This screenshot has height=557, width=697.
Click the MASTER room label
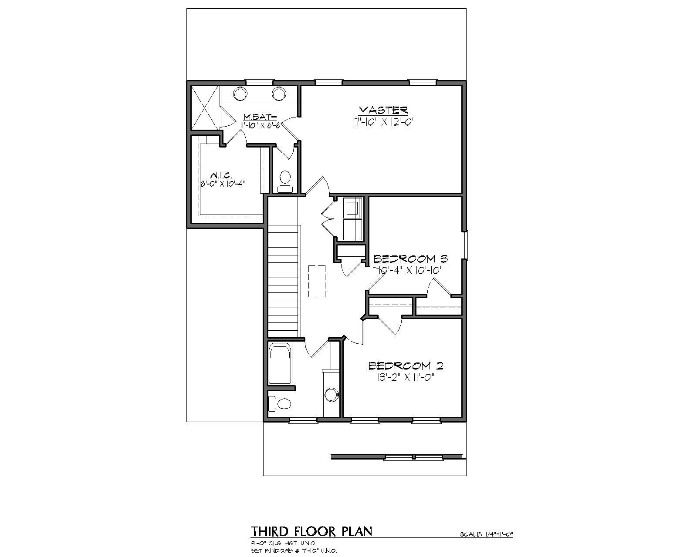coord(383,110)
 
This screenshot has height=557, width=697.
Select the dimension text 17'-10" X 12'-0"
coord(382,122)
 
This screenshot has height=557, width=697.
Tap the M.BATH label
coord(260,117)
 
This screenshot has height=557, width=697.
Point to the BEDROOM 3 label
coord(410,259)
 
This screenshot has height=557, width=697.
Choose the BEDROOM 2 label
coord(406,366)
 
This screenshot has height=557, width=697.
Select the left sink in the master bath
coord(240,93)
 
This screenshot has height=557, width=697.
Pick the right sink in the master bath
coord(279,93)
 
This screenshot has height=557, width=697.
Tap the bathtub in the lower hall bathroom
coord(280,364)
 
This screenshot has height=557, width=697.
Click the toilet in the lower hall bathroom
coord(280,403)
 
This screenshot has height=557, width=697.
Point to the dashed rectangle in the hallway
coord(317,281)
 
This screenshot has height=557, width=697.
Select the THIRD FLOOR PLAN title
coord(311,531)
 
